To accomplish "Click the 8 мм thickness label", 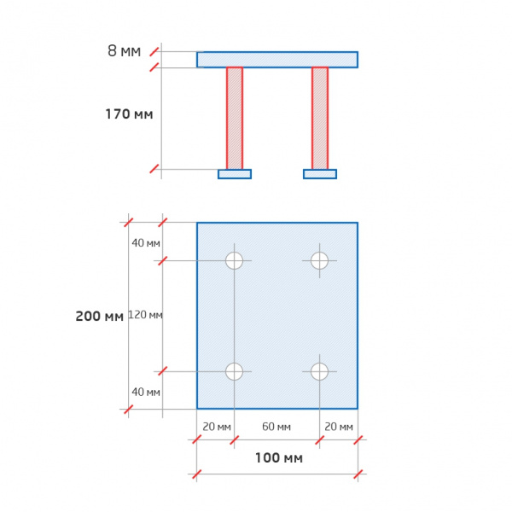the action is pos(124,51).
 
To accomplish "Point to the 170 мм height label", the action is pos(129,114).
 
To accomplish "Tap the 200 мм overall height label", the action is pos(99,316).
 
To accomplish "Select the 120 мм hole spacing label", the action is pos(145,315).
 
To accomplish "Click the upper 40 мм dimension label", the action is pos(146,243).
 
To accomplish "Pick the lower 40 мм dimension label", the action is pos(146,392).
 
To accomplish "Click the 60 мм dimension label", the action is pos(276,427).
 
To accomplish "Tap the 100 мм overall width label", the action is pos(279,457).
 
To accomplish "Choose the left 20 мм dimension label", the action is pos(217,427).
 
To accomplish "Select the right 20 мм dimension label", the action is pos(339,427).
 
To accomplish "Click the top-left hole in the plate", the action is pos(234,260).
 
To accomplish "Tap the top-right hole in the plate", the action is pos(319,260).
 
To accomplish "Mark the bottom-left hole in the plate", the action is pos(234,371).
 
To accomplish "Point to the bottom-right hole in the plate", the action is pos(319,371).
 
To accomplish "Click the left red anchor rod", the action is pos(235,119).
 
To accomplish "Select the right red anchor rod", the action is pos(320,119).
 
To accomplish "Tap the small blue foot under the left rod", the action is pos(235,174).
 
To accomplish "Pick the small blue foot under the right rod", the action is pos(320,174).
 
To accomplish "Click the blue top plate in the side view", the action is pos(277,60).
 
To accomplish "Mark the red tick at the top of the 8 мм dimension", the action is pos(154,51).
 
